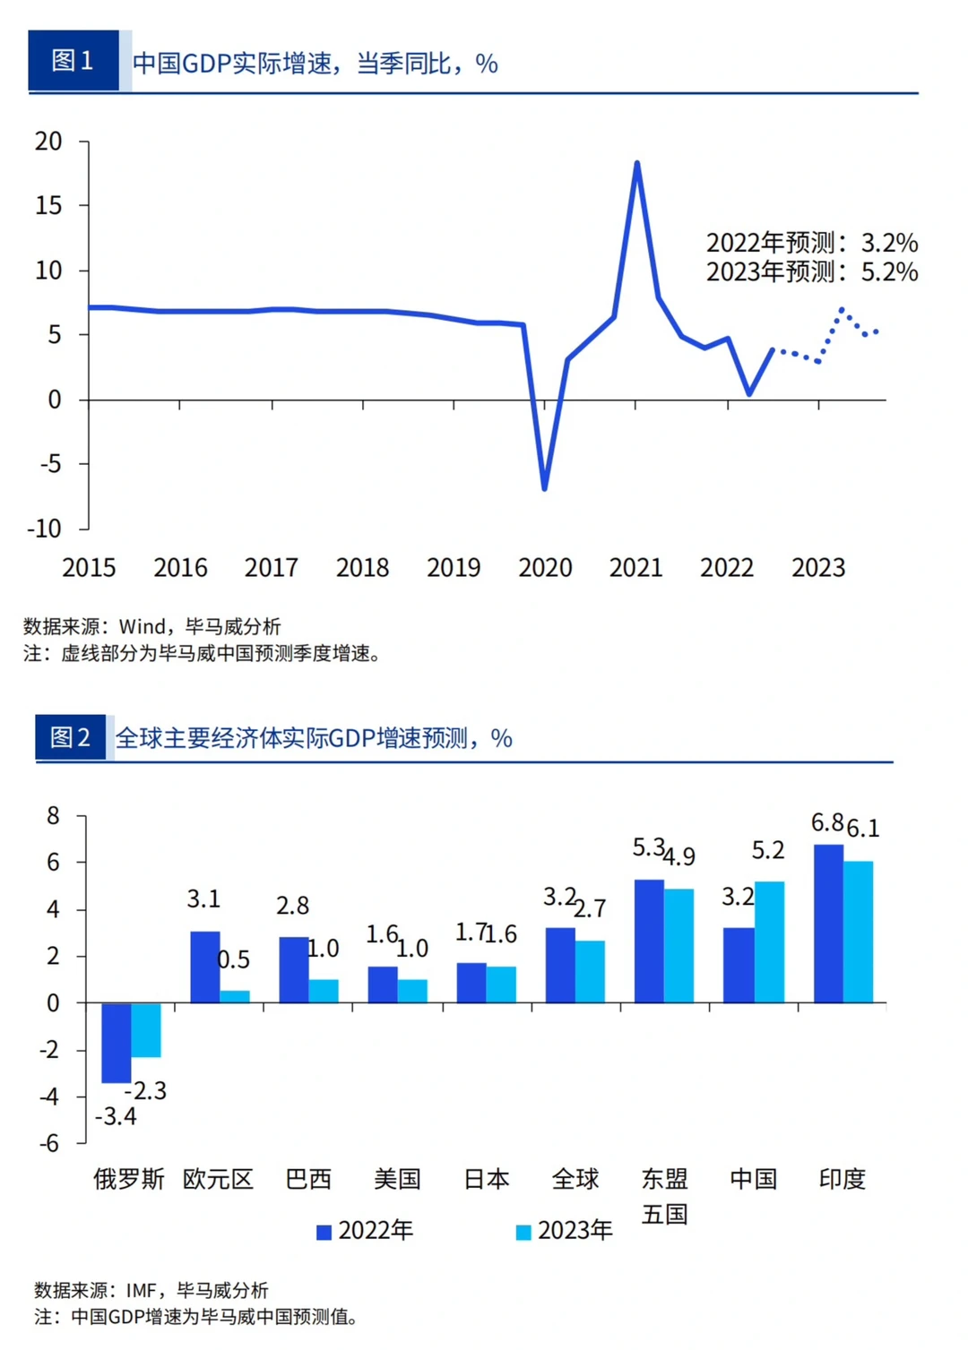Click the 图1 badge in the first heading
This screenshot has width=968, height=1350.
[73, 60]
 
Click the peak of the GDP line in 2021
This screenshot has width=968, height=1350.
[636, 165]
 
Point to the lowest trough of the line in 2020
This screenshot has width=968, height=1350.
[544, 486]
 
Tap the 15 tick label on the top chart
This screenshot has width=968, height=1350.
[48, 205]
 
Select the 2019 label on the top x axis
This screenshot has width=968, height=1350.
[454, 567]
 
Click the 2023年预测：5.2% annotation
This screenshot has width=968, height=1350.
[811, 271]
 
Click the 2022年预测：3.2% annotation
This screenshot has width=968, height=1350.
[811, 243]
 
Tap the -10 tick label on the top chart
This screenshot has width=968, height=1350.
[44, 528]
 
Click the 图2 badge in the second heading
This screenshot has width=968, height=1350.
[70, 737]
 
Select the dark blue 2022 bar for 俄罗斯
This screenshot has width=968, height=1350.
[117, 1042]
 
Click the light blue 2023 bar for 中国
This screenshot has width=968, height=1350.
[769, 942]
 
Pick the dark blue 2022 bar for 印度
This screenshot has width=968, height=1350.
[828, 923]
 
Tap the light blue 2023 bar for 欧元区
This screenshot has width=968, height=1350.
[235, 996]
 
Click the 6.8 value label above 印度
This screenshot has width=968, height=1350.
[827, 822]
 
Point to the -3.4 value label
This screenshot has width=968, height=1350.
[117, 1116]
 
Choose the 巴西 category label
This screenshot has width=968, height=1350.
[308, 1179]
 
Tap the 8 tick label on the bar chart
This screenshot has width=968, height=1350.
[54, 815]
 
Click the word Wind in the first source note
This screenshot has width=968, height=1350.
[143, 626]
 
